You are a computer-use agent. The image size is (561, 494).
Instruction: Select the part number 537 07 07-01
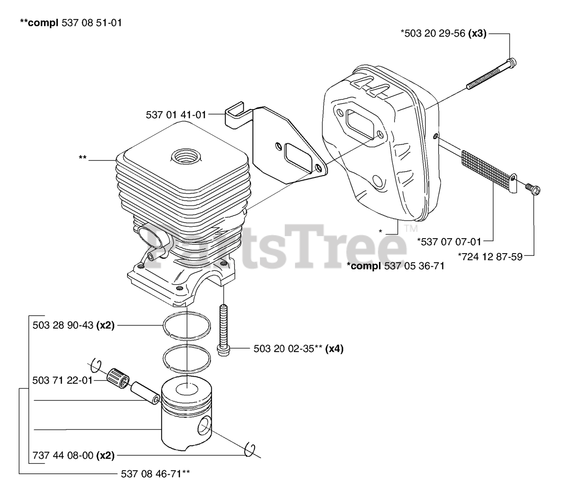pos(449,241)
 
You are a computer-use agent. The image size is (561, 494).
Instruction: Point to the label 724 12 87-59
pos(490,257)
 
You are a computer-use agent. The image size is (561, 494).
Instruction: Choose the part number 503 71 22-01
pos(63,380)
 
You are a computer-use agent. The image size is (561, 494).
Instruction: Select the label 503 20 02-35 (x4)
pos(298,349)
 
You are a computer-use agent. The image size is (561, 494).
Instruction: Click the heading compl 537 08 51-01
pos(71,22)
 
